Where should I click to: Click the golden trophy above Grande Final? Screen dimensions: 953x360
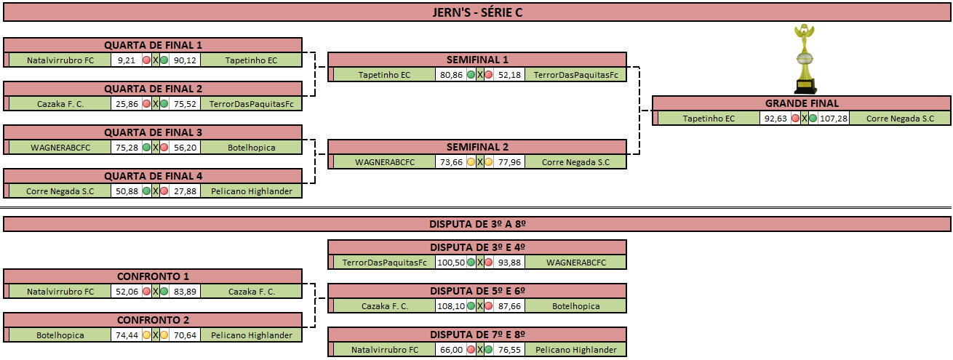(805, 59)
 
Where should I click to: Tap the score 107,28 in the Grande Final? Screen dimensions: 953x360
(834, 119)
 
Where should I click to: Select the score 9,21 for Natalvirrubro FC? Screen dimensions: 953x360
(127, 60)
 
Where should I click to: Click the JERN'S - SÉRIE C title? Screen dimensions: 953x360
(477, 12)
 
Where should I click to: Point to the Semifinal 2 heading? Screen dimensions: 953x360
(477, 147)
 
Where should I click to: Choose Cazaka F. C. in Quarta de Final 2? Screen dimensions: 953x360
(60, 104)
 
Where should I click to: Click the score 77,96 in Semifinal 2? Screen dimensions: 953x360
(509, 162)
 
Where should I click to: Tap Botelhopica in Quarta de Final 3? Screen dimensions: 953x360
(252, 148)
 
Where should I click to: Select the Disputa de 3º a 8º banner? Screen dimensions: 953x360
(477, 224)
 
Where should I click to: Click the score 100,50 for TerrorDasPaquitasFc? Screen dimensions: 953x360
(451, 263)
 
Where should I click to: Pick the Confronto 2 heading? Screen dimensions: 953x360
(153, 320)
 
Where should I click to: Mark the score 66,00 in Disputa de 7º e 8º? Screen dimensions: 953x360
(451, 350)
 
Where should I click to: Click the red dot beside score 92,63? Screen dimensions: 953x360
(796, 119)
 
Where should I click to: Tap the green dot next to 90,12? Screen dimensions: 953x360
(164, 60)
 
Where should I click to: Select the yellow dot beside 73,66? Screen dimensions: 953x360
(471, 162)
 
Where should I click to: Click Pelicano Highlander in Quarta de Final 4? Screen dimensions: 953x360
(252, 191)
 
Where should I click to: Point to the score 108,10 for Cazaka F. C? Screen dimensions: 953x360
(451, 306)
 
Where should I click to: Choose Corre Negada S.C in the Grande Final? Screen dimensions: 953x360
(900, 119)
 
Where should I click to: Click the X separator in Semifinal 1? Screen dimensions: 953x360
(480, 75)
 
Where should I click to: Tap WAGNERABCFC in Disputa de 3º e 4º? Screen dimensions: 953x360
(576, 263)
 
